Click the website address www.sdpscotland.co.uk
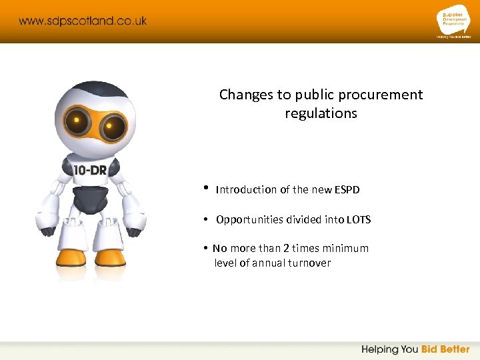point(83,21)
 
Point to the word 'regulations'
point(321,113)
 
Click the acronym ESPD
point(347,190)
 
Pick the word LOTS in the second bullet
point(358,220)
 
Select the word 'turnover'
point(309,263)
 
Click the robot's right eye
point(114,125)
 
